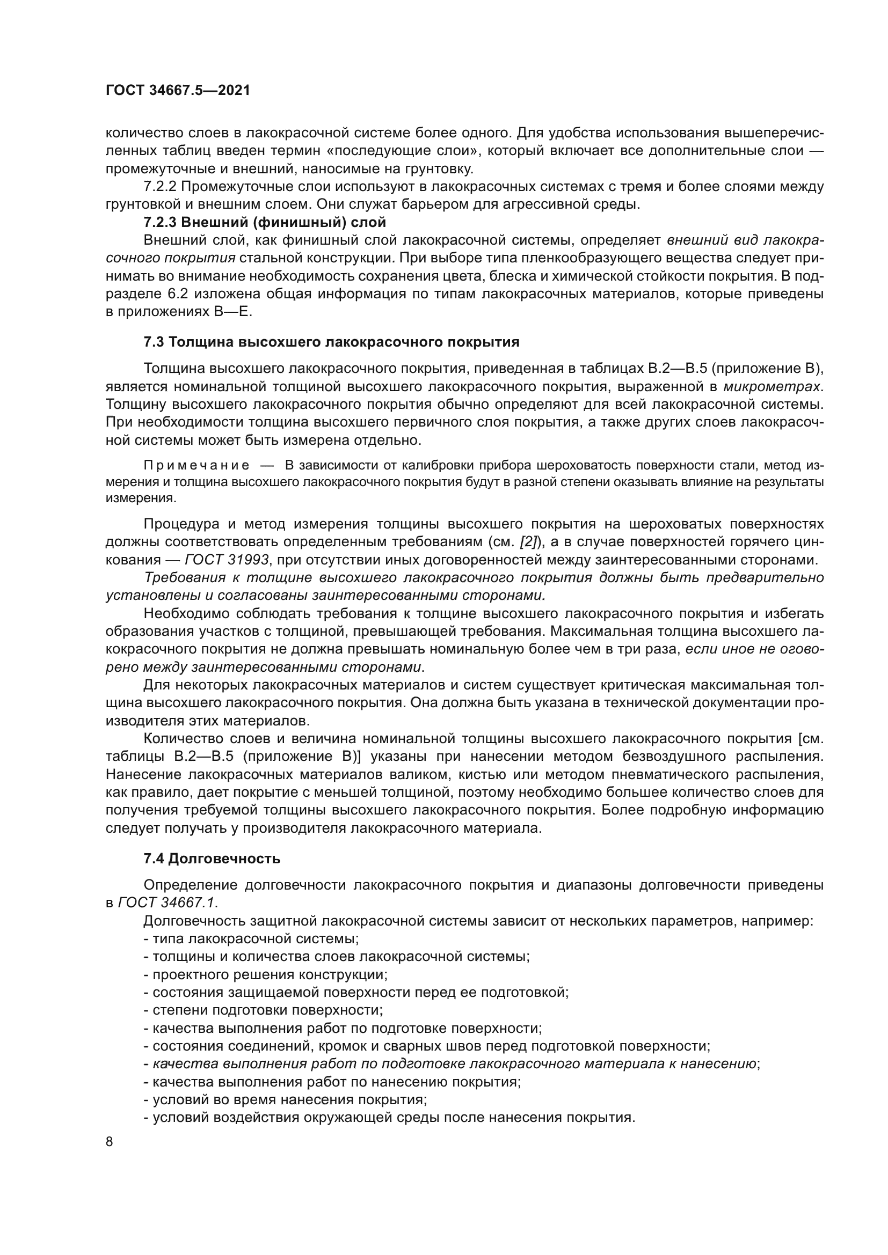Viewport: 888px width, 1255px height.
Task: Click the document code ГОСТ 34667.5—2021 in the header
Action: (177, 91)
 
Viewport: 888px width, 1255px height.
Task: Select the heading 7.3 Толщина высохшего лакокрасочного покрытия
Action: (331, 343)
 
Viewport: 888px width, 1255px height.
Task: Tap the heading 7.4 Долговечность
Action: (212, 858)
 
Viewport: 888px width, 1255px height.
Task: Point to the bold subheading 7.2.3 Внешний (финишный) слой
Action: (265, 223)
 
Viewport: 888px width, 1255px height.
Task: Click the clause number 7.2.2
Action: (159, 187)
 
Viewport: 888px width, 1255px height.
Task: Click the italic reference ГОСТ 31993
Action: (227, 560)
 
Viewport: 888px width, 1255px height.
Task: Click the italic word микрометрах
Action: (772, 387)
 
